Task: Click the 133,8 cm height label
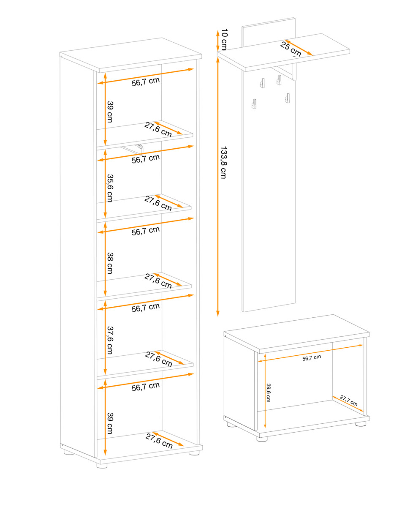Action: pos(223,163)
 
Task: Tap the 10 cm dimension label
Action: pos(224,39)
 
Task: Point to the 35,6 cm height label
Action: pos(110,188)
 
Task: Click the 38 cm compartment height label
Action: pos(110,263)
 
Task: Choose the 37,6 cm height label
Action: pos(110,340)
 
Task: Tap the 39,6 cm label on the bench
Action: pos(268,393)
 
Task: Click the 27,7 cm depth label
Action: pos(348,401)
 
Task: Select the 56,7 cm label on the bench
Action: pos(312,358)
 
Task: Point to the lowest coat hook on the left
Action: pos(254,104)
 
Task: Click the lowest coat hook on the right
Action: pos(287,98)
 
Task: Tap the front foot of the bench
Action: pos(262,439)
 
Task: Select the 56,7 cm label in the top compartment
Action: pos(146,82)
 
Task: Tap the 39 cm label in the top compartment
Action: pos(110,112)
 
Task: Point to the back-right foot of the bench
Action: pos(361,424)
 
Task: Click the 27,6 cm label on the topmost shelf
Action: pos(158,129)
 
